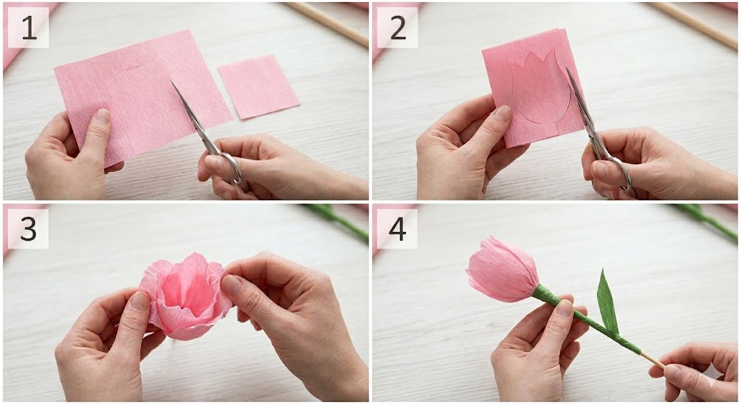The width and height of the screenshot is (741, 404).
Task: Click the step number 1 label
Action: pyautogui.click(x=28, y=27)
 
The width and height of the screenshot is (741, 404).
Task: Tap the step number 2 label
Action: pyautogui.click(x=397, y=27)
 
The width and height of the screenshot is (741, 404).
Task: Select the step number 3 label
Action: pyautogui.click(x=28, y=229)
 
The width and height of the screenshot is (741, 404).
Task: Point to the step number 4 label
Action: pyautogui.click(x=397, y=229)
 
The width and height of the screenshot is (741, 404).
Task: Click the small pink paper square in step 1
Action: pyautogui.click(x=258, y=87)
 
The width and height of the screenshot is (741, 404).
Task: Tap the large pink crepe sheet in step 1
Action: pyautogui.click(x=142, y=95)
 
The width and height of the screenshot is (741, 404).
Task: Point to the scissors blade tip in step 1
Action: pyautogui.click(x=171, y=81)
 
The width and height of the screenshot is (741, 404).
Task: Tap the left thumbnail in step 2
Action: pyautogui.click(x=502, y=113)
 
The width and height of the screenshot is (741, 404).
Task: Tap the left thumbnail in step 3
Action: pyautogui.click(x=140, y=301)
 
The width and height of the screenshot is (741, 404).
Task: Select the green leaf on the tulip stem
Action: pyautogui.click(x=607, y=302)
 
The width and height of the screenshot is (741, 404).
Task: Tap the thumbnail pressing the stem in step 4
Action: pyautogui.click(x=564, y=308)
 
